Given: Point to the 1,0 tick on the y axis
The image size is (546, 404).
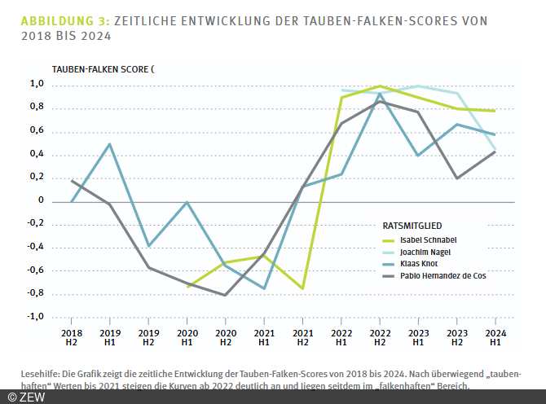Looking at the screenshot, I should (37, 84).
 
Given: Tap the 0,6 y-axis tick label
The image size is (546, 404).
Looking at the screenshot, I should (37, 130).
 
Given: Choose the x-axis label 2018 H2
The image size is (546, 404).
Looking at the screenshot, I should (71, 337).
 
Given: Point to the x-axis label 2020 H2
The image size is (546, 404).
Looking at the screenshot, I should (225, 337).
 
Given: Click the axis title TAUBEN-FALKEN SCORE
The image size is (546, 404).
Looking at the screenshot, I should (101, 69).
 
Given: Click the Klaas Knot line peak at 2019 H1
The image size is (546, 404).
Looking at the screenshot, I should (109, 144).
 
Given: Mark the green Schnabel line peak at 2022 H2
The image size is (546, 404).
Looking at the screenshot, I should (379, 86).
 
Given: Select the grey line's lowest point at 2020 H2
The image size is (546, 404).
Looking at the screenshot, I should (225, 295).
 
